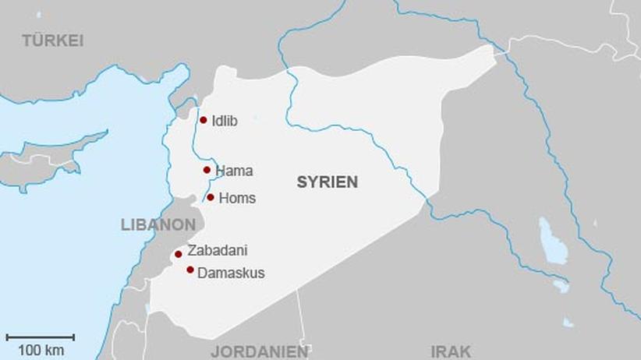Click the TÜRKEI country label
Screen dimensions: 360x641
[x=52, y=41]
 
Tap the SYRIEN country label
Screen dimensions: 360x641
[x=327, y=182]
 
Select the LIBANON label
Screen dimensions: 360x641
[x=158, y=224]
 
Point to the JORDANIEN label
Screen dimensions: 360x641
[x=259, y=351]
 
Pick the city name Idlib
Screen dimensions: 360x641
[x=224, y=121]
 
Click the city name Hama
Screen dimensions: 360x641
[x=234, y=171]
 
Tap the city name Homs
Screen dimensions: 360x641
[x=237, y=198]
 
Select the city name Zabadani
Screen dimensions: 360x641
[x=218, y=251]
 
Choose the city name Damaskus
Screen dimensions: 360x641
[x=231, y=274]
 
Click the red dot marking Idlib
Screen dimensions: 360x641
[x=204, y=120]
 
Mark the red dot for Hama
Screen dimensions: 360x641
[x=207, y=170]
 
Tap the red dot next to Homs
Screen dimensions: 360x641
[x=211, y=197]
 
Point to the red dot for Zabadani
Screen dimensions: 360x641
[x=179, y=254]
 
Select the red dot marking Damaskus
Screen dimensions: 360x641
[x=190, y=270]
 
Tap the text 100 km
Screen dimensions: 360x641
[x=41, y=350]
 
